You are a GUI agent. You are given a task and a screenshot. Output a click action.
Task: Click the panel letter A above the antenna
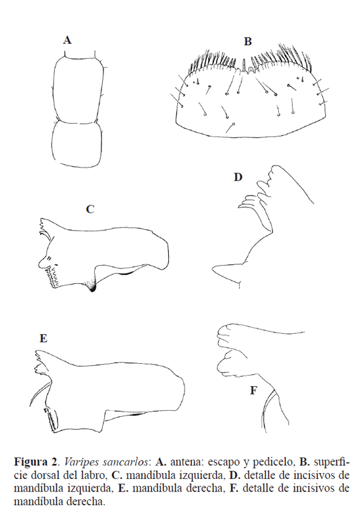pyautogui.click(x=67, y=41)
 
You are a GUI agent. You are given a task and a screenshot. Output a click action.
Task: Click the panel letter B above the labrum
pyautogui.click(x=247, y=42)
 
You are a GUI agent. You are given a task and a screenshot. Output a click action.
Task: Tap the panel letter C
pyautogui.click(x=90, y=209)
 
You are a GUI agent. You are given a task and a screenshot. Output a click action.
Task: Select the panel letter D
pyautogui.click(x=238, y=177)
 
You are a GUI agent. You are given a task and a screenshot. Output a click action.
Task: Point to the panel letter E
pyautogui.click(x=43, y=338)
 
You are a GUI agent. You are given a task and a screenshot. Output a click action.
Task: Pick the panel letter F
pyautogui.click(x=253, y=390)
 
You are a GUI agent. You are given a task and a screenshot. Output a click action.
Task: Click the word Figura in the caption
pyautogui.click(x=30, y=462)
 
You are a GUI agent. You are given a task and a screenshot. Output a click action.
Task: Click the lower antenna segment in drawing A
pyautogui.click(x=76, y=143)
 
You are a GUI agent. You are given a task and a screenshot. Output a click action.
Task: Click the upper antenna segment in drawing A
pyautogui.click(x=79, y=89)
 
